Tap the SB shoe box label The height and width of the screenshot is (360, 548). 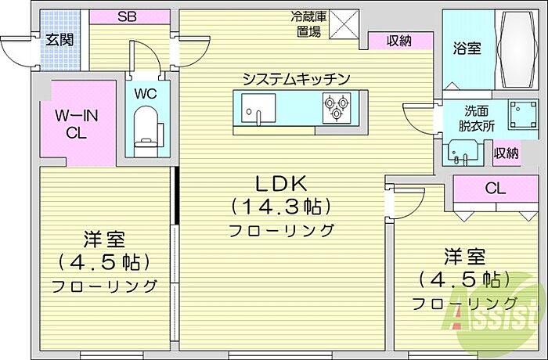(x=128, y=16)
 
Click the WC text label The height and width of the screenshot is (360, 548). (x=146, y=93)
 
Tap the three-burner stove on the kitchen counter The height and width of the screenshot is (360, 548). (x=337, y=107)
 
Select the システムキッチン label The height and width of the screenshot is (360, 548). (x=295, y=78)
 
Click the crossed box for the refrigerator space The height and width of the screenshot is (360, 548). (x=343, y=23)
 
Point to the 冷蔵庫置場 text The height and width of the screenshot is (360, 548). (x=307, y=23)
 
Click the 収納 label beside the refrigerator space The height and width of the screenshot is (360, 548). (x=399, y=41)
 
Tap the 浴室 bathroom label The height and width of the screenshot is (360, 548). (x=467, y=48)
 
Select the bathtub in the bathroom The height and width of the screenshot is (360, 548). (x=517, y=49)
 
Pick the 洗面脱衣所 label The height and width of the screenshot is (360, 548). (x=478, y=117)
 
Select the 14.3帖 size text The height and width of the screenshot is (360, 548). (x=281, y=207)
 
